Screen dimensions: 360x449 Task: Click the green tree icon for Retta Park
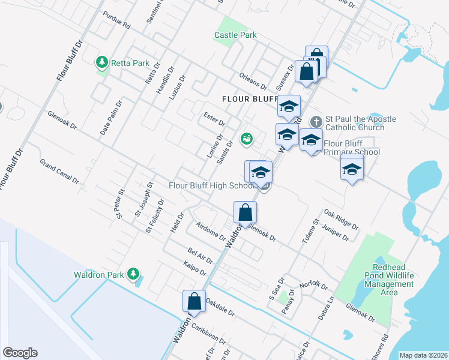pos(102,62)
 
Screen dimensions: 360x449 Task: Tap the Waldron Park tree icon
pos(133,275)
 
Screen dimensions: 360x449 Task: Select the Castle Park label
pos(235,35)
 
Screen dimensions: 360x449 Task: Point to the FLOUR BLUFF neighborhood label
pos(246,99)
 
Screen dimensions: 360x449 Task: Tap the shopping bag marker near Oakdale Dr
pos(194,300)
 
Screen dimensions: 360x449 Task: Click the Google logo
pos(20,353)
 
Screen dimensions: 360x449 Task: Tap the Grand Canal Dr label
pos(59,171)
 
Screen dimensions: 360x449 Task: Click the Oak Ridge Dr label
pos(340,220)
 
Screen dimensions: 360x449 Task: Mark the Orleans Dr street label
pos(252,82)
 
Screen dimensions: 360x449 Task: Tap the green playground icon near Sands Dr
pos(246,139)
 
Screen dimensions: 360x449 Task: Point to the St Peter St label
pos(120,203)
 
